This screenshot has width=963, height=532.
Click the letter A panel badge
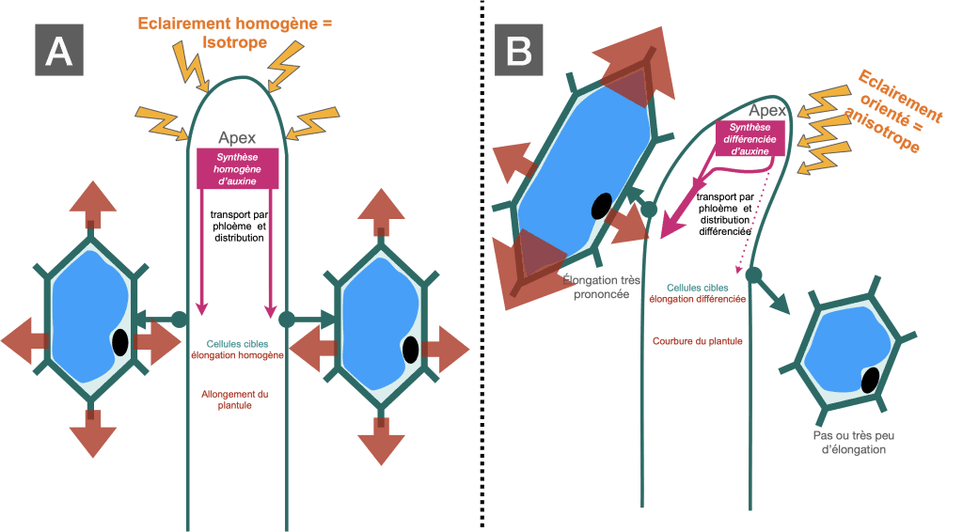click(59, 50)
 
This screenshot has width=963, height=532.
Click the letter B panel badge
click(518, 50)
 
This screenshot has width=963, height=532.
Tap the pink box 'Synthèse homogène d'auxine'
click(237, 169)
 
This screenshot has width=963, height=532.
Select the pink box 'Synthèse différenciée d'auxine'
click(750, 139)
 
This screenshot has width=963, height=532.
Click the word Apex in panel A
click(237, 138)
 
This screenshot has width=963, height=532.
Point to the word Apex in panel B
click(767, 111)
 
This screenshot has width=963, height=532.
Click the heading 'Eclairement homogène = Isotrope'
click(234, 33)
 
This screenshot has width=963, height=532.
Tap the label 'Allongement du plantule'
click(234, 399)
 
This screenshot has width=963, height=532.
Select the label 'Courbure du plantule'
click(697, 341)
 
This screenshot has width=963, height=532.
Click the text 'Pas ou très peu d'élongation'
click(854, 443)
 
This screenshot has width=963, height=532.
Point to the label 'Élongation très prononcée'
click(601, 288)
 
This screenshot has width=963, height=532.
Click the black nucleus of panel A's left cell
click(120, 342)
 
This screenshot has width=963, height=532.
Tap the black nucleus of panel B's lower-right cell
click(870, 381)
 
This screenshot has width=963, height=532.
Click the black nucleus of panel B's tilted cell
click(601, 206)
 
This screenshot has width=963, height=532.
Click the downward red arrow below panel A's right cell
click(381, 441)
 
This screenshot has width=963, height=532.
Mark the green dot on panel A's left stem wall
click(179, 319)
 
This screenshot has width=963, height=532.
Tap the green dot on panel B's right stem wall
click(753, 274)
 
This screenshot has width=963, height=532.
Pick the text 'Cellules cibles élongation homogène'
click(237, 350)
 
